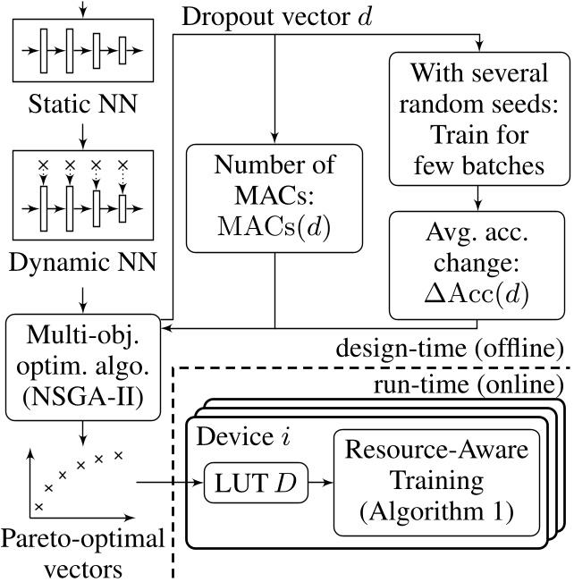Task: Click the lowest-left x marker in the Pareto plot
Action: (x=38, y=508)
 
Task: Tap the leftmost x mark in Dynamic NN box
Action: (x=42, y=164)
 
